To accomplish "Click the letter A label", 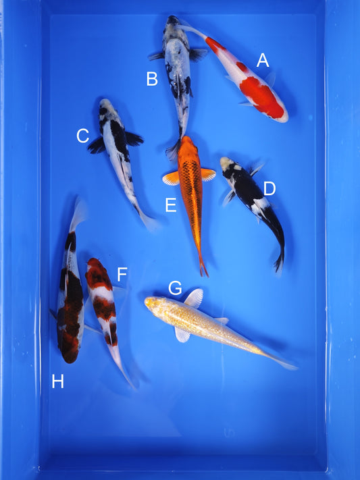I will (x=263, y=61).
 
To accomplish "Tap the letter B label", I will (x=152, y=79).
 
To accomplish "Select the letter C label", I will (x=82, y=136).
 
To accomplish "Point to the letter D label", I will (x=269, y=188).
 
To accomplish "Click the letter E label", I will (x=171, y=205).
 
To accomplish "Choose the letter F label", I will (x=122, y=275).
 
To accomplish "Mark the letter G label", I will (x=175, y=288).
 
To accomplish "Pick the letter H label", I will (x=58, y=382).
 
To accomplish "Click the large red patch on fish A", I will (x=260, y=95).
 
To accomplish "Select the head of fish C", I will (x=106, y=107).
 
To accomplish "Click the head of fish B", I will (x=174, y=25).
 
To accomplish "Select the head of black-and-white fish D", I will (x=228, y=164).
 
